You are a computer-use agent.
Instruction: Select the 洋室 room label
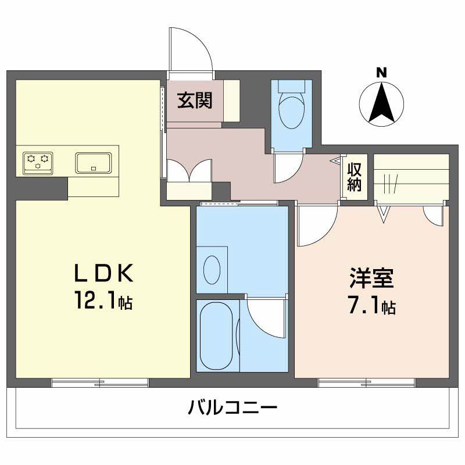(373, 278)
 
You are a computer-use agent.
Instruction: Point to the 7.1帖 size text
(373, 306)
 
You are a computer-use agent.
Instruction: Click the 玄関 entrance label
(195, 100)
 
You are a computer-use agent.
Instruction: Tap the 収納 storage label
(355, 177)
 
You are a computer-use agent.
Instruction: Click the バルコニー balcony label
(233, 407)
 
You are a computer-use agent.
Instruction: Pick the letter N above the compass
(381, 73)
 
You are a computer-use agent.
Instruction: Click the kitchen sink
(94, 162)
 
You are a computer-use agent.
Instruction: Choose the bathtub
(216, 336)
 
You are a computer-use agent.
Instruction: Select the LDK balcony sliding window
(99, 382)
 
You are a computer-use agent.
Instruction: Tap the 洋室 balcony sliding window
(366, 382)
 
